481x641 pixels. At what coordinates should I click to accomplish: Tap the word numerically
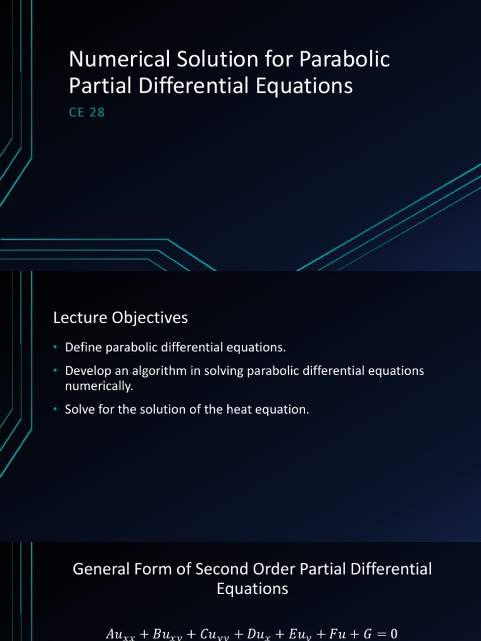pos(99,386)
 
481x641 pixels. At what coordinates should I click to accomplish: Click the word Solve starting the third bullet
pos(80,410)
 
